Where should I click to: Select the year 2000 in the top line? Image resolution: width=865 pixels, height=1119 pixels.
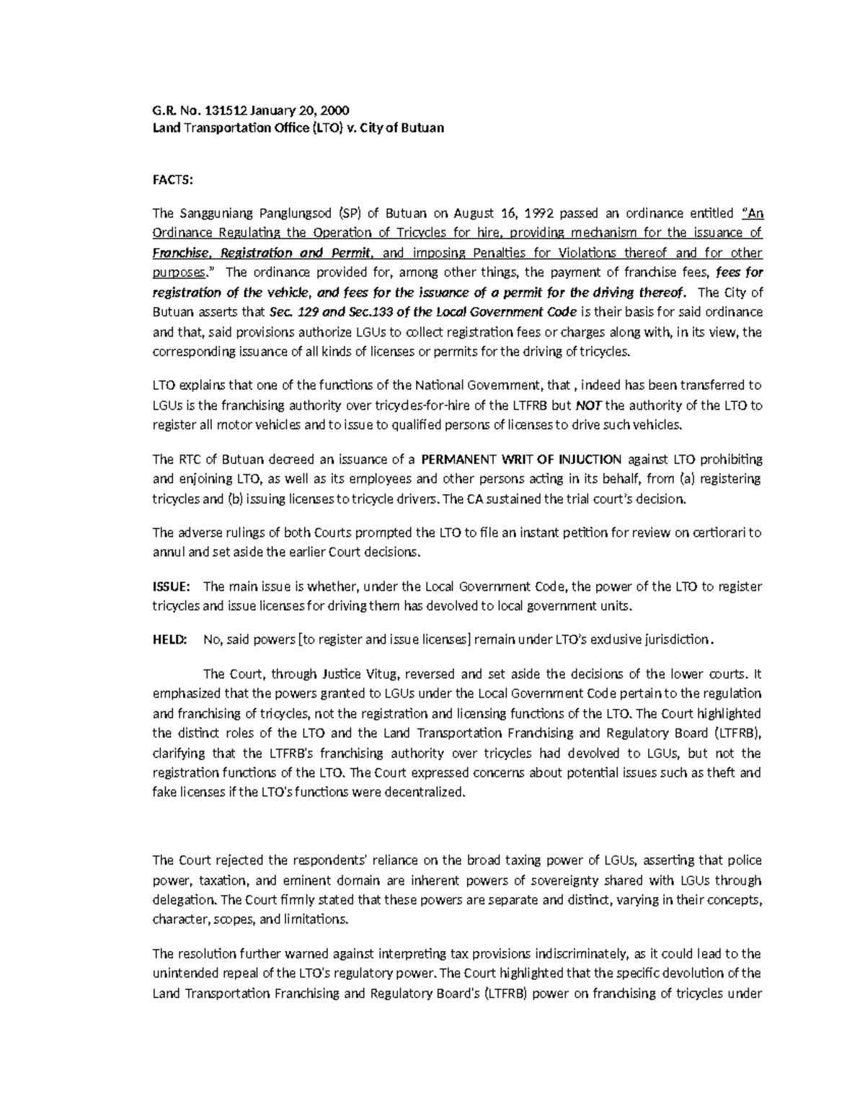pos(334,110)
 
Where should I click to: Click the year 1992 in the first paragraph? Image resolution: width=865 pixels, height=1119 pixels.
pos(540,213)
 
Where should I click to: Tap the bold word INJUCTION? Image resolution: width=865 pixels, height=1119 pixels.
pos(587,459)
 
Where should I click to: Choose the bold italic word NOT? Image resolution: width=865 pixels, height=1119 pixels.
pos(587,405)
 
